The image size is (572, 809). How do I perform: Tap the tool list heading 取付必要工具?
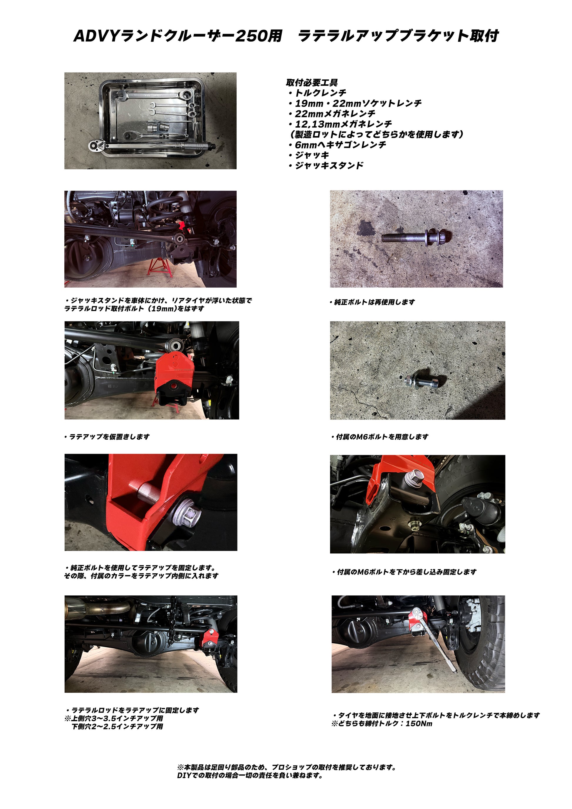point(312,83)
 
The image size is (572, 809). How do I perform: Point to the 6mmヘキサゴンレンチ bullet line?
point(337,145)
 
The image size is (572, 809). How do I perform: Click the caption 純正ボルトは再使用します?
point(372,302)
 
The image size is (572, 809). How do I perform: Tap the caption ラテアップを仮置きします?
point(107,437)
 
